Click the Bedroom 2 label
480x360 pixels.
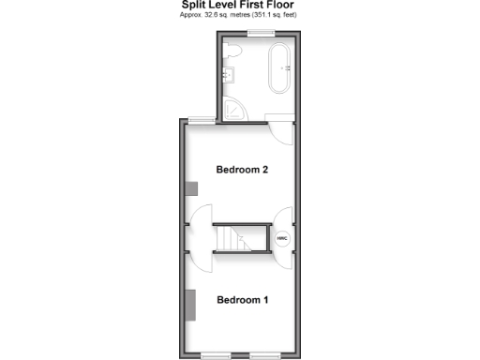pyautogui.click(x=243, y=170)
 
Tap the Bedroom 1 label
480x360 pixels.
pyautogui.click(x=243, y=300)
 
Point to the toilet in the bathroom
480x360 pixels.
pyautogui.click(x=233, y=50)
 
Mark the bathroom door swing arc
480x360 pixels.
pyautogui.click(x=279, y=132)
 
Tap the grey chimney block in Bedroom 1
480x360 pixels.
pyautogui.click(x=191, y=304)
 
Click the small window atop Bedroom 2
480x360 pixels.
pyautogui.click(x=199, y=119)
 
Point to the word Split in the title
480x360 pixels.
pyautogui.click(x=193, y=5)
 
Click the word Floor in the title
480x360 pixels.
pyautogui.click(x=279, y=5)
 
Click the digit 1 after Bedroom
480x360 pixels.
pyautogui.click(x=266, y=300)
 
